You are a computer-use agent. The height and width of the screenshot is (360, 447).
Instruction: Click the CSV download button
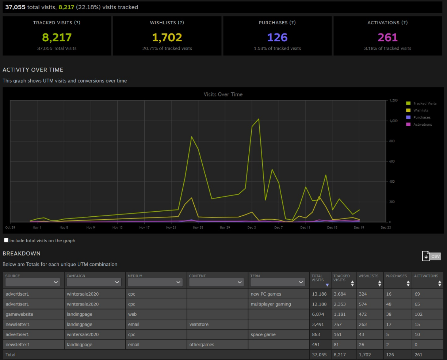point(431,256)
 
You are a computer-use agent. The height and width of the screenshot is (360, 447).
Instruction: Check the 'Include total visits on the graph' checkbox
point(6,240)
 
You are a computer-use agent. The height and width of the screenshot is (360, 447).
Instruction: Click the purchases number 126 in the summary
point(277,37)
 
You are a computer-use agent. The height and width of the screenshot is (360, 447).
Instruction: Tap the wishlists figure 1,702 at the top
point(167,37)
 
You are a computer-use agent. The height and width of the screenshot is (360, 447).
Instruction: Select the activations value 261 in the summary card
point(387,37)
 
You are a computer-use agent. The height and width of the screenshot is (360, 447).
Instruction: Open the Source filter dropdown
point(33,282)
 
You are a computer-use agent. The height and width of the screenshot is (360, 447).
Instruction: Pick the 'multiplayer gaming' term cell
point(271,304)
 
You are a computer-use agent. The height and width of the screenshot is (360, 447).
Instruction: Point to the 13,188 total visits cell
point(319,294)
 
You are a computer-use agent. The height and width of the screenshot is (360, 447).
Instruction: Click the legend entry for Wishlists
point(421,110)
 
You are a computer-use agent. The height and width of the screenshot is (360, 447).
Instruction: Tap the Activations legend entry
point(423,125)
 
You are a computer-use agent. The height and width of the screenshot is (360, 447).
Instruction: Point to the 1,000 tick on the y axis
point(393,121)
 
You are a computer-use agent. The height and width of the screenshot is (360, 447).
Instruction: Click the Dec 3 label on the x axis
point(252,228)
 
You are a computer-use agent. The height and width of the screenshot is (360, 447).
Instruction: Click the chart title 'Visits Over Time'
point(223,94)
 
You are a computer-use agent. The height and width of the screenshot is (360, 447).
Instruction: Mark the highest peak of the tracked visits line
point(259,119)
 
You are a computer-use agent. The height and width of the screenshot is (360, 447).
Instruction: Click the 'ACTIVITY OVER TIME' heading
point(33,70)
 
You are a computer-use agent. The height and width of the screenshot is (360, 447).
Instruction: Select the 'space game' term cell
point(263,334)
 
